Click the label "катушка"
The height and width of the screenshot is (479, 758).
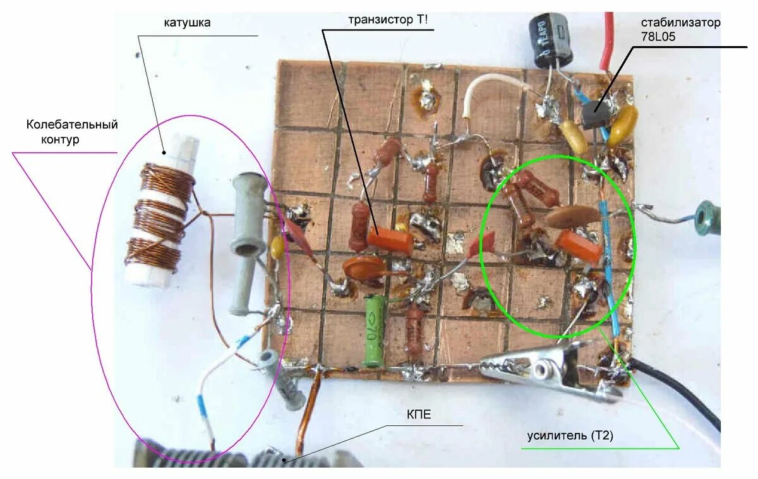click(187, 23)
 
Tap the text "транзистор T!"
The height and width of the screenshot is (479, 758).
click(388, 20)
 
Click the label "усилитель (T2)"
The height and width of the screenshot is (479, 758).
click(570, 436)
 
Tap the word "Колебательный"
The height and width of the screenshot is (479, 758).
click(72, 124)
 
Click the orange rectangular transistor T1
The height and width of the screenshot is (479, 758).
click(390, 241)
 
